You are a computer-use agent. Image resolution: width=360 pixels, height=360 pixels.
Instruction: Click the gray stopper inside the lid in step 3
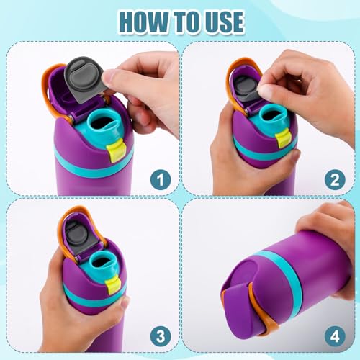point(76,233)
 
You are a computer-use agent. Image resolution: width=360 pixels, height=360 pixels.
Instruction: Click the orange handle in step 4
point(252,310)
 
